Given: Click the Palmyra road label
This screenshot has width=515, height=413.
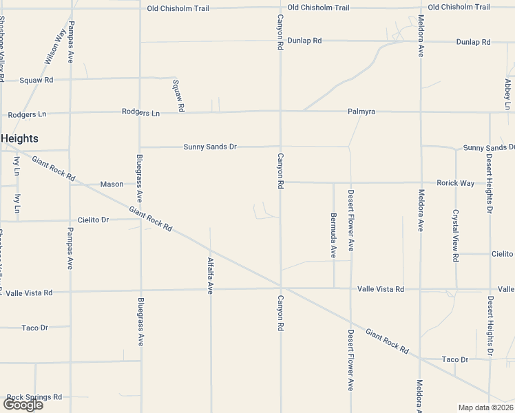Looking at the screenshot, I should (x=361, y=112).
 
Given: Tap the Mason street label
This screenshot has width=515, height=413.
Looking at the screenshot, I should (x=112, y=184).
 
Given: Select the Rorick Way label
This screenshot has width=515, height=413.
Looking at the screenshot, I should (x=455, y=183).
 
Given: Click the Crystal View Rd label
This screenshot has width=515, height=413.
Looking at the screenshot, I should (x=456, y=235).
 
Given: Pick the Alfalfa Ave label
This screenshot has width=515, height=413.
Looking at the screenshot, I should (x=211, y=276).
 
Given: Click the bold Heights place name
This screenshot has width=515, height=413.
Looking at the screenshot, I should (x=19, y=138).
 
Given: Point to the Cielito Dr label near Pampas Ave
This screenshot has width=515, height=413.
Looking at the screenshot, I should (x=93, y=220).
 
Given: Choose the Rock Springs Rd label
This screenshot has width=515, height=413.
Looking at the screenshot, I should (x=34, y=397).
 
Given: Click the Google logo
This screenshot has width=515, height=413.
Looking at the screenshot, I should (x=22, y=405).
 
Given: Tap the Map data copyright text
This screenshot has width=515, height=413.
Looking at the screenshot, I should (x=486, y=407).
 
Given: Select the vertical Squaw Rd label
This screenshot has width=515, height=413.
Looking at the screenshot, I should (x=177, y=96).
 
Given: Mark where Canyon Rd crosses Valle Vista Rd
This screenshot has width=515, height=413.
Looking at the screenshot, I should (x=280, y=288).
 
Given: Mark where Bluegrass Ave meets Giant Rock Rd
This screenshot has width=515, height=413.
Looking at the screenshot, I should (x=140, y=210).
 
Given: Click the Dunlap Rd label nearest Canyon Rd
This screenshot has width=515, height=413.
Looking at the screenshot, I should (x=304, y=41).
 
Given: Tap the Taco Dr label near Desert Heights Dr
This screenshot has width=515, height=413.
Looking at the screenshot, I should (x=455, y=359).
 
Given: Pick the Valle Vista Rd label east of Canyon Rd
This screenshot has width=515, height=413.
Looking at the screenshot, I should (x=381, y=289).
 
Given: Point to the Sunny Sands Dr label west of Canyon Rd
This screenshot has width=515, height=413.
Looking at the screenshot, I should (x=210, y=147).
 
